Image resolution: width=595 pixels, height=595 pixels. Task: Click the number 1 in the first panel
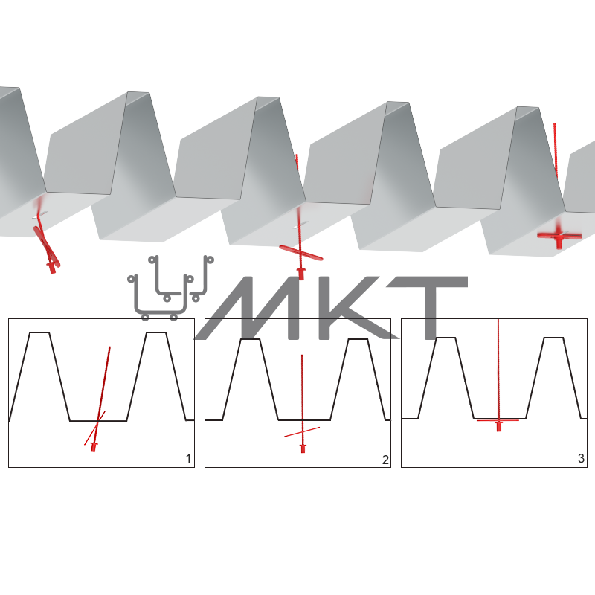[188, 458]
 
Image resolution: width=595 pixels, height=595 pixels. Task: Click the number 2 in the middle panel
[385, 460]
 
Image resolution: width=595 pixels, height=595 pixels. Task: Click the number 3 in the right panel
[581, 458]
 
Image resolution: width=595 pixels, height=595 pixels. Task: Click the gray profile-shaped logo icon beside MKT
[170, 288]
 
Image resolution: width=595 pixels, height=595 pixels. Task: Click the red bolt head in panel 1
[94, 447]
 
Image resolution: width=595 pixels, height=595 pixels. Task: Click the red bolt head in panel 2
[303, 448]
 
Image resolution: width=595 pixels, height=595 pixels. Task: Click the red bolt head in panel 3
[499, 425]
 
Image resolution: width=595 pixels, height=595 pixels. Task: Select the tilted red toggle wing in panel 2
[302, 432]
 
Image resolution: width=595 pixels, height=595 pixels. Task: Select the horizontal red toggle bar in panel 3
[498, 420]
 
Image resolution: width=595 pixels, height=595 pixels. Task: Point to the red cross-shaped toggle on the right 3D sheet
[559, 236]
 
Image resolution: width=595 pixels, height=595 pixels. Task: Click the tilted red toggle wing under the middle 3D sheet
[301, 253]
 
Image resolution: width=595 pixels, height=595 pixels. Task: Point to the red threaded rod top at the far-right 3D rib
[554, 125]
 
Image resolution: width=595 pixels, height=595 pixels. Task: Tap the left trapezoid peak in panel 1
[39, 332]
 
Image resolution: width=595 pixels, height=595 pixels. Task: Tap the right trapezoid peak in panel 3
[553, 338]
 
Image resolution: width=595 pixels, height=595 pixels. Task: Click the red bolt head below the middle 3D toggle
[301, 272]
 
